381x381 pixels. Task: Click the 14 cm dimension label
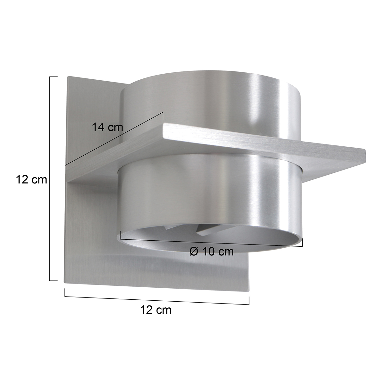(107, 127)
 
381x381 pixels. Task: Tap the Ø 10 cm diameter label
(211, 251)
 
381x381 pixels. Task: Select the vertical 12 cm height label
(31, 180)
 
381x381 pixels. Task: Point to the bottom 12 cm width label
(156, 310)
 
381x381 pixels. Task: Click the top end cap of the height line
(54, 77)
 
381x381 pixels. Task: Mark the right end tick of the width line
(249, 300)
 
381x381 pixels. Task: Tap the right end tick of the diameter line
(302, 243)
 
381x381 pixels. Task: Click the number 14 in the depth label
(98, 127)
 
